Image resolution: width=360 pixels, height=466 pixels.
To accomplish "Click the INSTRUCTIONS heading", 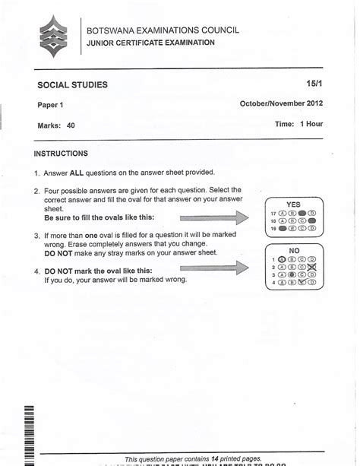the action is (62, 154).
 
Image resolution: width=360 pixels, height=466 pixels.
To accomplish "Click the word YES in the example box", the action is (293, 204).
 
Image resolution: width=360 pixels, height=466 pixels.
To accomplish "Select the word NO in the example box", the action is (294, 249).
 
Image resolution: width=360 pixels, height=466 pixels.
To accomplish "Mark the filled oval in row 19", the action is (282, 227).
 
